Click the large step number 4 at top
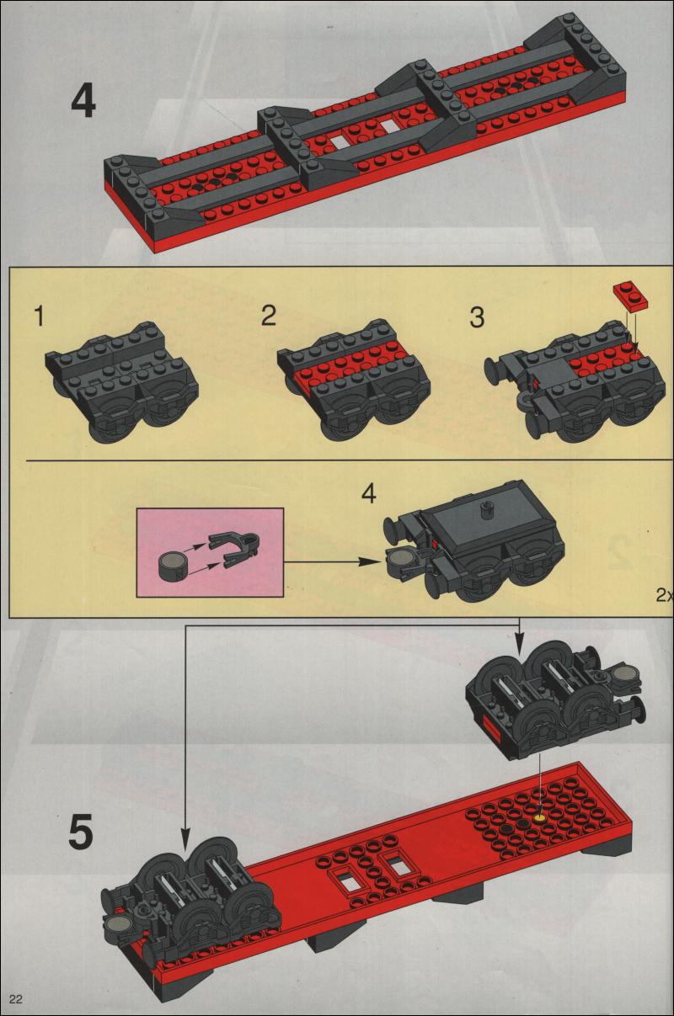[x=83, y=102]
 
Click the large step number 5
[x=81, y=831]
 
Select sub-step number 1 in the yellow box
[x=40, y=317]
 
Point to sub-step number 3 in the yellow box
[x=477, y=317]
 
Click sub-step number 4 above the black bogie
[x=368, y=493]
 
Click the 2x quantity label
[x=665, y=595]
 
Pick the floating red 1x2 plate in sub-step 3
[x=630, y=295]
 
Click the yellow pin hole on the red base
[x=540, y=818]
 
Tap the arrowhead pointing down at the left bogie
[x=185, y=827]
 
